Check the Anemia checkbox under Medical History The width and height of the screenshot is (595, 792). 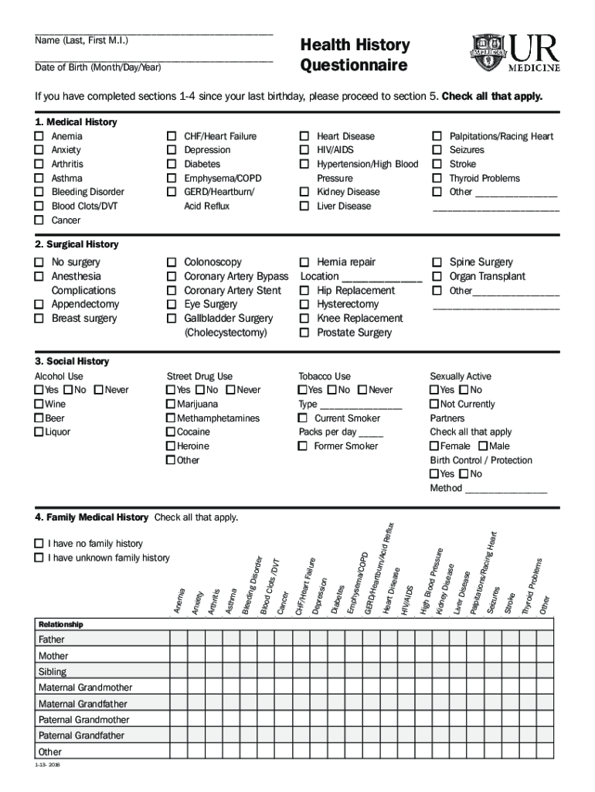point(39,136)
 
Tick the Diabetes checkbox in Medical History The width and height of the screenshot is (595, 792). point(172,164)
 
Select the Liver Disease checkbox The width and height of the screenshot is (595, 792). point(304,206)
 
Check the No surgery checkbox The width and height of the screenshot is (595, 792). point(39,262)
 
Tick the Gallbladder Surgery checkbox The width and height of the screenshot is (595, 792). point(172,318)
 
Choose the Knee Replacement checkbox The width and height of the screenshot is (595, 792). point(304,318)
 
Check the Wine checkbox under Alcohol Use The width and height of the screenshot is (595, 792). point(39,404)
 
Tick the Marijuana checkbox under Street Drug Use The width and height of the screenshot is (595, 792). point(171,404)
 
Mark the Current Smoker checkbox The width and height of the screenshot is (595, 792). point(304,418)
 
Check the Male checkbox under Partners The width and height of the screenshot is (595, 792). point(483,446)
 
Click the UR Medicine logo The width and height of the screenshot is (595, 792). point(515,54)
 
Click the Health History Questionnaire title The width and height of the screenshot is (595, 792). point(355,55)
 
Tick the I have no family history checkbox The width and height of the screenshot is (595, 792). point(39,544)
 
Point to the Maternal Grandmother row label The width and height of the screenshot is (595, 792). point(85,688)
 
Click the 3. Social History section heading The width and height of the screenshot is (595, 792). point(72,361)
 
